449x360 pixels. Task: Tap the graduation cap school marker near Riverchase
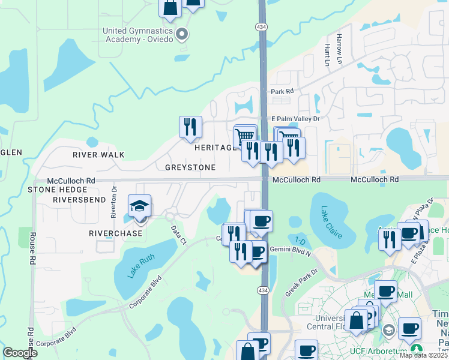(x=139, y=206)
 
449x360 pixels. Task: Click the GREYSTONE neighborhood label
(x=190, y=167)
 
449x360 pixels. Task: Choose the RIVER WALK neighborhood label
(x=98, y=155)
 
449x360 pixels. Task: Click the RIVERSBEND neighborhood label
(x=80, y=199)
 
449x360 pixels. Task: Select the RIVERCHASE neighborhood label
(x=116, y=233)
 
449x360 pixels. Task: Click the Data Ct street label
(x=178, y=235)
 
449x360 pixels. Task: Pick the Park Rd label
(x=282, y=92)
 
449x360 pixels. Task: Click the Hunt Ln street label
(x=327, y=54)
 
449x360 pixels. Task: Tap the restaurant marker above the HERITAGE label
(x=190, y=127)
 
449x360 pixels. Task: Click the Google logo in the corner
(x=20, y=353)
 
